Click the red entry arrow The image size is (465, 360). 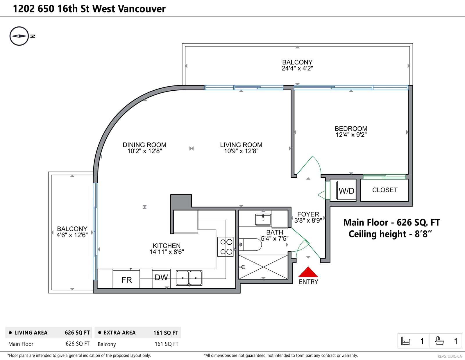pyautogui.click(x=308, y=272)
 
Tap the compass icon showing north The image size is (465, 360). pyautogui.click(x=19, y=36)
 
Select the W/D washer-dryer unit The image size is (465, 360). pyautogui.click(x=346, y=190)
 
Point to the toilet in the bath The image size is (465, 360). pyautogui.click(x=250, y=244)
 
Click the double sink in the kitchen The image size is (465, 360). pyautogui.click(x=189, y=278)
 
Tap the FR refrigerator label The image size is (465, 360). pyautogui.click(x=126, y=280)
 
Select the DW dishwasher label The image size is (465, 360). pyautogui.click(x=161, y=277)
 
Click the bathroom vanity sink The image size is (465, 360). pyautogui.click(x=263, y=220)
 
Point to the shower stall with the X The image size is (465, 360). pyautogui.click(x=263, y=267)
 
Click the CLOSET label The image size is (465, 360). pyautogui.click(x=385, y=190)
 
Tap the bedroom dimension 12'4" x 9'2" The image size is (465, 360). pyautogui.click(x=351, y=135)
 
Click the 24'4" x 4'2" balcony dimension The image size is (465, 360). pyautogui.click(x=297, y=68)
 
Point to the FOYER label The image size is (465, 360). pyautogui.click(x=308, y=214)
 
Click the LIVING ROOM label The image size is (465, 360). pyautogui.click(x=241, y=145)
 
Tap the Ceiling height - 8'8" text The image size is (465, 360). pyautogui.click(x=390, y=234)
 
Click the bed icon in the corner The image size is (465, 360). pyautogui.click(x=405, y=341)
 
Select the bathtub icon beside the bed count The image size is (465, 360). pyautogui.click(x=439, y=341)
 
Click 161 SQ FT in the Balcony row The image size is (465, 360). pyautogui.click(x=167, y=344)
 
